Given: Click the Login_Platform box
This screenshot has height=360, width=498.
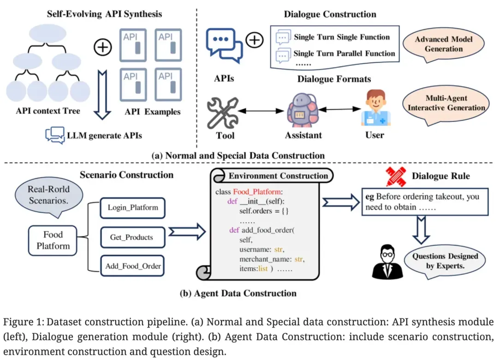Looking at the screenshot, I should pos(133,208).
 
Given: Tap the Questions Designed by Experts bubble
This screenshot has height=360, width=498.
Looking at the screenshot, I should pos(445,261).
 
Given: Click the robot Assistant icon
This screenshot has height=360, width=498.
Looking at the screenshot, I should pos(302,111).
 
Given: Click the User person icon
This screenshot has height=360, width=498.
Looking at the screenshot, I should pos(374,109).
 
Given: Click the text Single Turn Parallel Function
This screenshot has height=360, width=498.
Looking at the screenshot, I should pos(344,54).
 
